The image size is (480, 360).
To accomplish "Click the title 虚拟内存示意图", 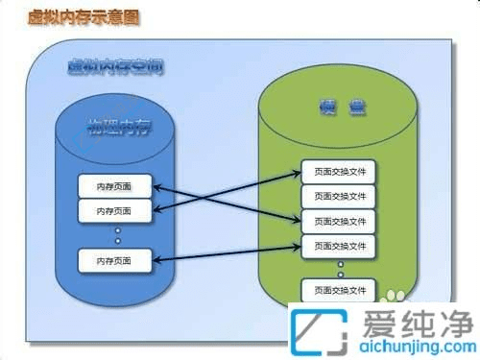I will coord(60,17).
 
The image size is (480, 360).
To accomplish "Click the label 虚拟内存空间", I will coord(114,66).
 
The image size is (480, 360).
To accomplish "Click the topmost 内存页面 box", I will coord(115,186).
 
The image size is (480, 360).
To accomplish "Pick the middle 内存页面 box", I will coord(115,210).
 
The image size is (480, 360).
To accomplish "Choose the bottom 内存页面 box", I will coord(115,259).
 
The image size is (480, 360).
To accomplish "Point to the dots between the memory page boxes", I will coord(117,234).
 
